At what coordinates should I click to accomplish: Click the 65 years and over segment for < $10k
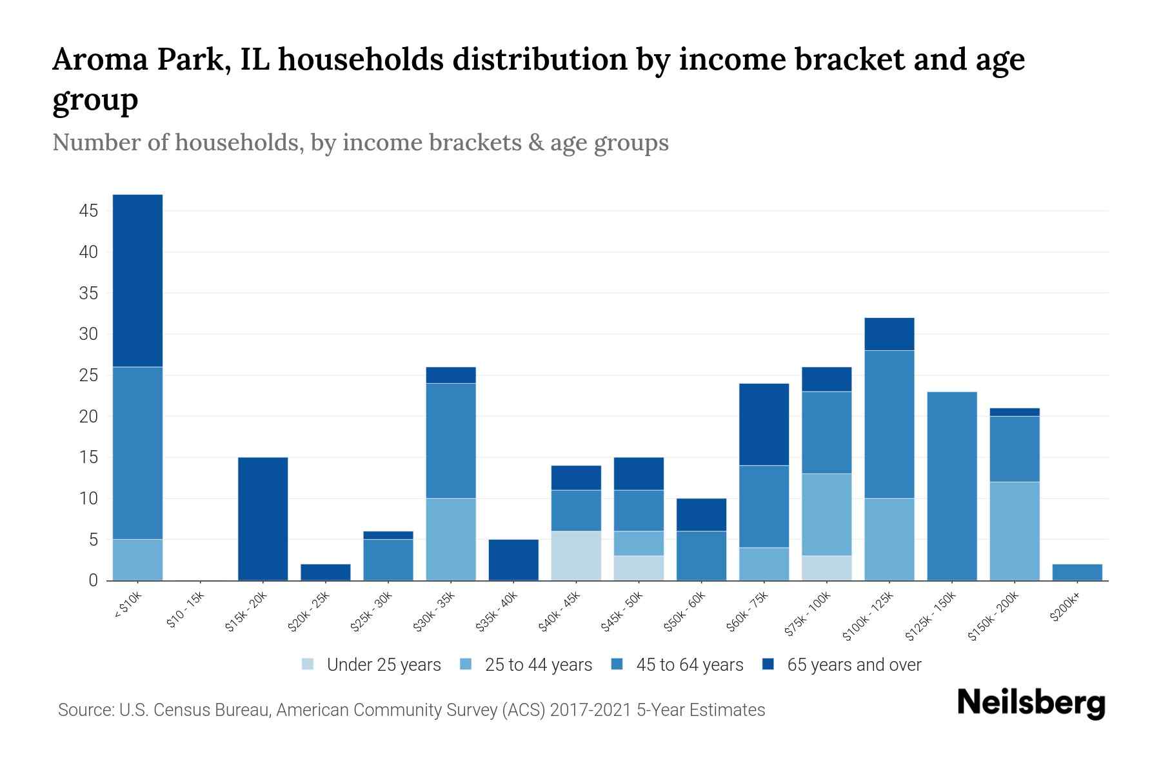137,281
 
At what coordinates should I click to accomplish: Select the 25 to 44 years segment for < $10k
137,560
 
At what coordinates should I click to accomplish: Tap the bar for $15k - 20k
263,519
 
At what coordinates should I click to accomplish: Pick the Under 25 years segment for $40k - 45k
576,556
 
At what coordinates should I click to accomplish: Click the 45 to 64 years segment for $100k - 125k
889,424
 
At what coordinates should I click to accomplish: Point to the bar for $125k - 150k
952,486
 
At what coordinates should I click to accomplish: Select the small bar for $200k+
1077,573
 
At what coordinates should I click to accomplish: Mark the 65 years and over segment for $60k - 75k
764,424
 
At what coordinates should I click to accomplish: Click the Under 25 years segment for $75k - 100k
827,568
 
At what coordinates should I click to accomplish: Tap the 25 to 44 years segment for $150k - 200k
1015,531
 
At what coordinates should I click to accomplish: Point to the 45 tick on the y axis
90,211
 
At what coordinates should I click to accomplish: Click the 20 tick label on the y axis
90,417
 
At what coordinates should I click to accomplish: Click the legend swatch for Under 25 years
308,664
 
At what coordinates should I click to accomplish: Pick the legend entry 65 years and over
854,665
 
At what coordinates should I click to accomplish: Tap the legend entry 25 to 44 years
539,665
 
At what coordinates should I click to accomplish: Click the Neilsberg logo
1031,703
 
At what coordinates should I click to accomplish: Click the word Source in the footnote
84,710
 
